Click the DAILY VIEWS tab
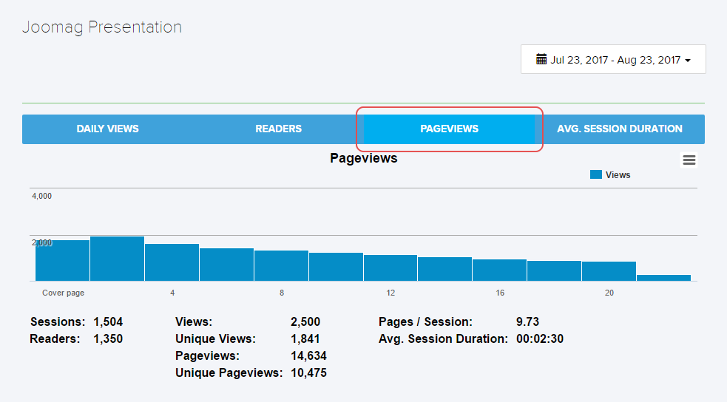point(107,129)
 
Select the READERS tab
point(278,129)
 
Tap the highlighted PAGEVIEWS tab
point(449,129)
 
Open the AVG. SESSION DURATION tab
point(620,129)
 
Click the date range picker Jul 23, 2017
point(613,60)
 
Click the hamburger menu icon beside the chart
point(689,160)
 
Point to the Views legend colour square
point(595,175)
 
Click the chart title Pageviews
point(363,158)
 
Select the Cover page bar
point(63,261)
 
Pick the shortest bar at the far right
point(663,278)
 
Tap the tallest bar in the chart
point(117,259)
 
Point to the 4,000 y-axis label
point(41,196)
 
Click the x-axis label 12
point(390,293)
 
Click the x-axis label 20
point(609,293)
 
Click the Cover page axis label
point(63,293)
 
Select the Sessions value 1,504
point(108,322)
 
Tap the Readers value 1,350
point(108,339)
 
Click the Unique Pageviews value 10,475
point(308,373)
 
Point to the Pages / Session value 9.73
point(527,322)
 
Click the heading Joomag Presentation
point(102,27)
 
